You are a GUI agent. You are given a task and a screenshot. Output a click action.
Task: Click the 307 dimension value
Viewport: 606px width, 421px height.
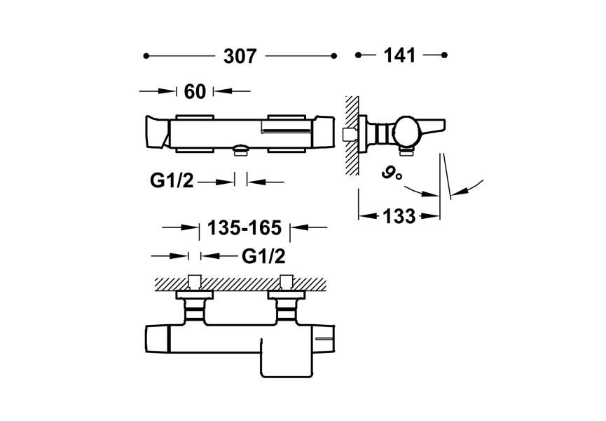tap(240, 57)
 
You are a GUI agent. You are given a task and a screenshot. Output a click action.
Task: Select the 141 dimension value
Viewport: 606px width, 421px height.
tap(399, 55)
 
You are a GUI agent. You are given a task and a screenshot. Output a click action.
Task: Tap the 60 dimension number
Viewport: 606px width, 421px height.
tap(195, 92)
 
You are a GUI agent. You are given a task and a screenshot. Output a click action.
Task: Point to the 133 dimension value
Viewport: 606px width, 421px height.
tap(399, 216)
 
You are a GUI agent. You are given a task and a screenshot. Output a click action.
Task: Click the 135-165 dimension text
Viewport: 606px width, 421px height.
tap(245, 227)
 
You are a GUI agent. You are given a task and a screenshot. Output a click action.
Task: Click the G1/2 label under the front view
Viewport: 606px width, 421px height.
tap(172, 180)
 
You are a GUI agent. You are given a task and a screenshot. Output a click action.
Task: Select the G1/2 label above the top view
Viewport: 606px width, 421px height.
tap(263, 256)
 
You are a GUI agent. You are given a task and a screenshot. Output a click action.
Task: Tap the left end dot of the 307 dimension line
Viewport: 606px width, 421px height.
tap(146, 56)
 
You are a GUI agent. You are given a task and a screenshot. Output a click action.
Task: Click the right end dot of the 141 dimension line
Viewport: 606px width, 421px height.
tap(444, 55)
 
